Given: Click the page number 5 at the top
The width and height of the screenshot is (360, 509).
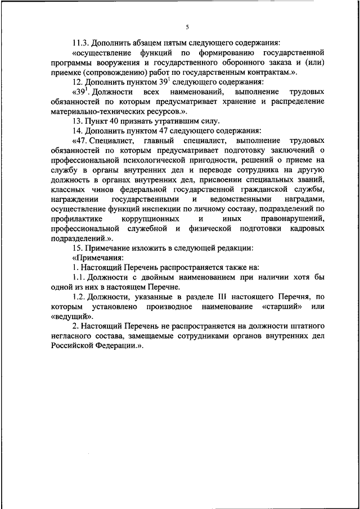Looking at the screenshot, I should point(187,27).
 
